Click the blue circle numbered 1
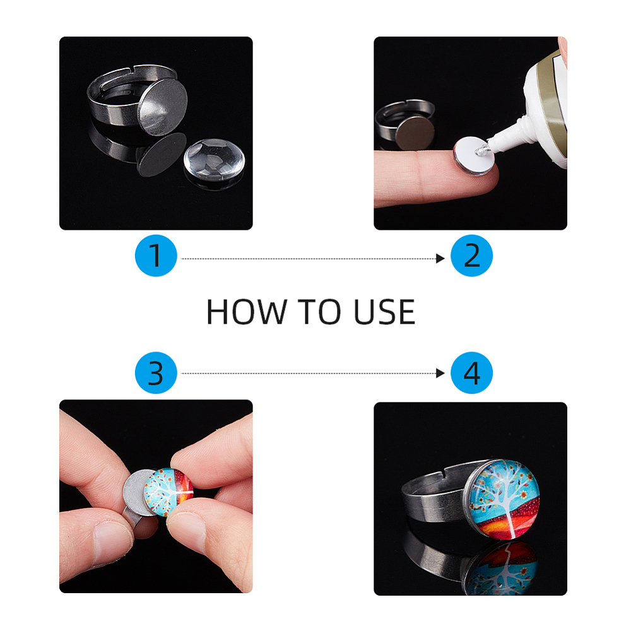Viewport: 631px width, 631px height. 156,256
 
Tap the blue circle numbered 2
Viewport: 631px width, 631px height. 471,256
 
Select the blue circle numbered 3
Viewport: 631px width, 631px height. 156,373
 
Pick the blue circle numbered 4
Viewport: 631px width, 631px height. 471,373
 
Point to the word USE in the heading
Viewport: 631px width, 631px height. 384,312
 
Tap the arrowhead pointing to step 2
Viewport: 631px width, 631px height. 440,258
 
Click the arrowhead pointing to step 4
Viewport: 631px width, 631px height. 440,374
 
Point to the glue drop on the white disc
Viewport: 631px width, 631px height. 482,151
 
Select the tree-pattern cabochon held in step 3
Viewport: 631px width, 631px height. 168,490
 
